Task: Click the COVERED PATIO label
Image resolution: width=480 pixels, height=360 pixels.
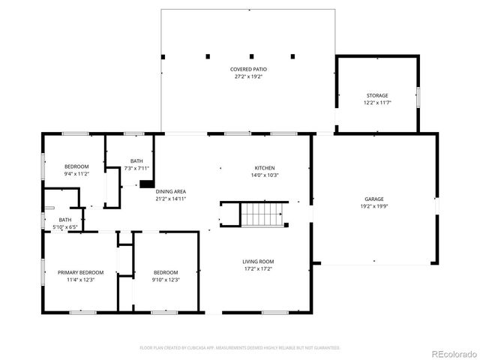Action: tap(248, 69)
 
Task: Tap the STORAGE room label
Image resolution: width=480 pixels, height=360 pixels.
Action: tap(377, 95)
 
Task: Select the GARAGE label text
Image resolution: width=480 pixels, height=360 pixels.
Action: tap(373, 199)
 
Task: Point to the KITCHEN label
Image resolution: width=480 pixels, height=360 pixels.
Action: tap(264, 167)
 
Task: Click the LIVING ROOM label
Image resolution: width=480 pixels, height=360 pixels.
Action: tap(256, 261)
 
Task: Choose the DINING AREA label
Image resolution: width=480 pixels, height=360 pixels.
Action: tap(171, 192)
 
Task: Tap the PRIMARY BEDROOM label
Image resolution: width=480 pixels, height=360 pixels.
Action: tap(81, 271)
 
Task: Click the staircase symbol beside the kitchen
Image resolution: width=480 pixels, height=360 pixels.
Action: tap(263, 214)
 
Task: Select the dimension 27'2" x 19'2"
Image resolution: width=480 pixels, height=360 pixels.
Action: tap(248, 76)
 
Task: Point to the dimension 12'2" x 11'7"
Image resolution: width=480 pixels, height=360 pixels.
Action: tap(377, 102)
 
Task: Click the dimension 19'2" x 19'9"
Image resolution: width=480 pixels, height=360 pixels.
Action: tap(373, 205)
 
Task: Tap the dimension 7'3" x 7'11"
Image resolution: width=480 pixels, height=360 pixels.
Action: tap(136, 167)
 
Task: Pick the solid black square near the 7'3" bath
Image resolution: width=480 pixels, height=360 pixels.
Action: tap(147, 181)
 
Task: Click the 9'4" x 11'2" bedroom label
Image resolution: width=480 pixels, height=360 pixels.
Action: tap(76, 166)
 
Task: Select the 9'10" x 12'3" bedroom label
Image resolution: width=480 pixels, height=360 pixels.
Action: tap(166, 271)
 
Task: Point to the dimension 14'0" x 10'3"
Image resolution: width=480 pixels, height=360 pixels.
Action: tap(264, 175)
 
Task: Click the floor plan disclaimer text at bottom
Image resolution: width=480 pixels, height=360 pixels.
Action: tap(240, 347)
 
